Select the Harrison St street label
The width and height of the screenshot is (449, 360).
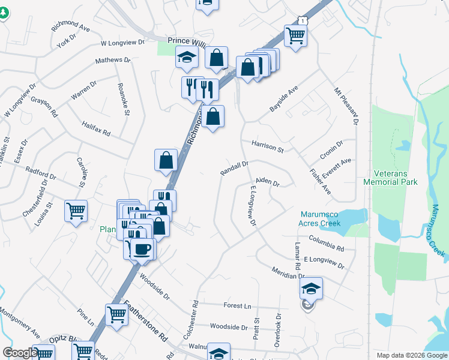coord(267,146)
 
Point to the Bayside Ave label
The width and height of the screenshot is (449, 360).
coord(284,98)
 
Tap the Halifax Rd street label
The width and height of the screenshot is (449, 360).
coord(97,128)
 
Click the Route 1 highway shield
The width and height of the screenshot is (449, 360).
coord(305,20)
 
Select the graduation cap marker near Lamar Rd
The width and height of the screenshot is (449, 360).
coord(311,288)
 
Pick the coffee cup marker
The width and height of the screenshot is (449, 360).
coord(142,248)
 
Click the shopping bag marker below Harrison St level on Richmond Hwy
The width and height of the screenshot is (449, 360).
coord(166,160)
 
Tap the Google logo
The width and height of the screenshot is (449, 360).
coord(19,353)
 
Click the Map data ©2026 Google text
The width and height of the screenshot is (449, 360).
coord(411,355)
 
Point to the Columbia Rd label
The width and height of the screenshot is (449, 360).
coord(327,243)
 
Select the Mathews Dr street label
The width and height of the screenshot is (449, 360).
coord(113,61)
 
